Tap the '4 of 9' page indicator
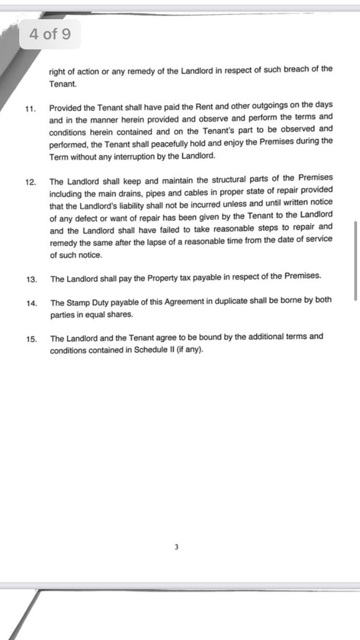click(50, 34)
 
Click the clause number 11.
click(30, 108)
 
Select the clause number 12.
click(30, 182)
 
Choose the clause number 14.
click(32, 303)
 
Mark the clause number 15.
click(32, 339)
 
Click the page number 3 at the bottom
click(177, 547)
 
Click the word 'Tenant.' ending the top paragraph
click(62, 83)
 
